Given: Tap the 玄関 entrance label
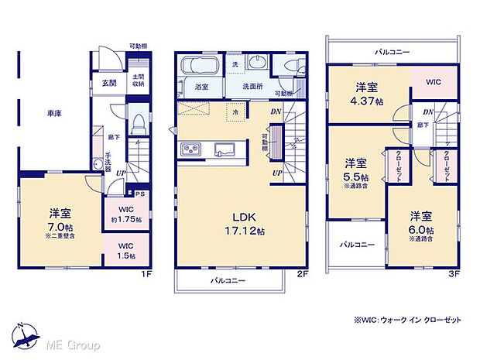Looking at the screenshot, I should pyautogui.click(x=109, y=83).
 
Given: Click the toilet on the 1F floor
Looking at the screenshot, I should pyautogui.click(x=137, y=123).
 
